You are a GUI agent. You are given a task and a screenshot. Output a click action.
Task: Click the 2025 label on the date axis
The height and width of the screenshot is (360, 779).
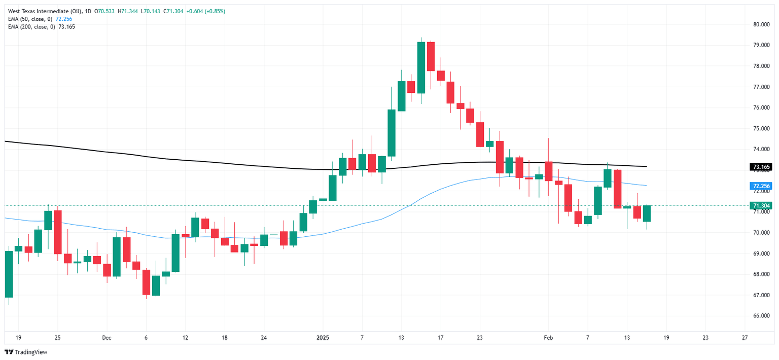click(x=323, y=337)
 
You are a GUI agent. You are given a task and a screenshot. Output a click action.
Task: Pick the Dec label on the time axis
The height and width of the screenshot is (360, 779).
click(x=107, y=337)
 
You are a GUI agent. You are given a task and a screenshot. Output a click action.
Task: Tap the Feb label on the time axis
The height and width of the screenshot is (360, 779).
click(x=548, y=337)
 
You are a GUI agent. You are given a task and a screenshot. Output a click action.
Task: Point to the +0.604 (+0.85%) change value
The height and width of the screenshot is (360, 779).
click(x=207, y=11)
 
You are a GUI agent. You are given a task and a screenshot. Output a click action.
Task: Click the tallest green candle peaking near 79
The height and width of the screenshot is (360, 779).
click(x=421, y=67)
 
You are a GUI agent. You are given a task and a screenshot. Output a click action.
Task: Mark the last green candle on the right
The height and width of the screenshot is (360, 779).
click(x=647, y=213)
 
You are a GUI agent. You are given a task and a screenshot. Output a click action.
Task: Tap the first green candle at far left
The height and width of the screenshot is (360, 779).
click(x=9, y=274)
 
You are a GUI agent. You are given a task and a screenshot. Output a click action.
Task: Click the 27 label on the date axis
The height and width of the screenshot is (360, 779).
click(x=745, y=337)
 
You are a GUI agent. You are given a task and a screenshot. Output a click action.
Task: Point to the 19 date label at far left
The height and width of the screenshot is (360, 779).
click(x=18, y=337)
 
